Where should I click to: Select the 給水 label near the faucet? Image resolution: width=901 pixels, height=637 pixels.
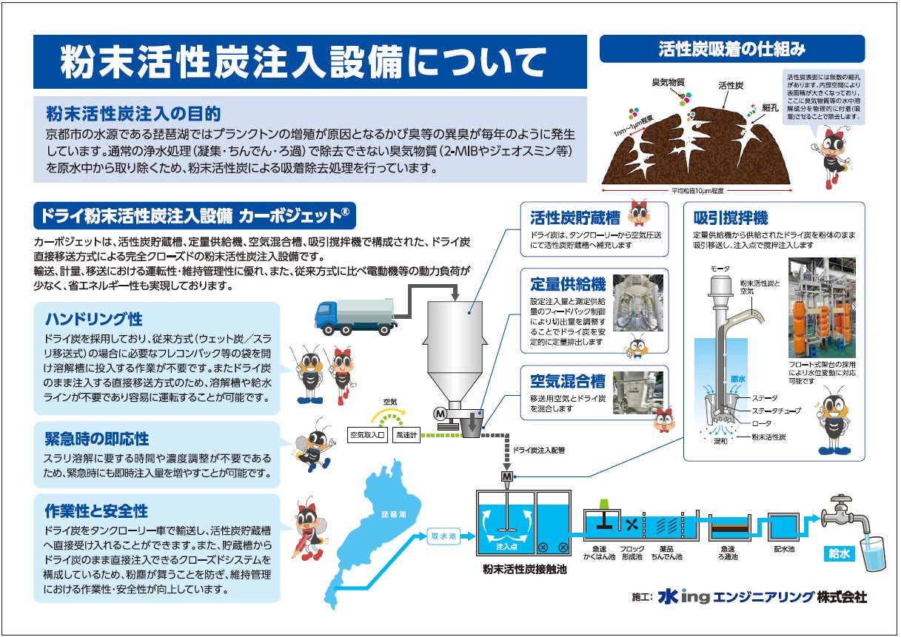point(840,553)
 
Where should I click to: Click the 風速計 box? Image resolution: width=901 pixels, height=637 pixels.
point(406,435)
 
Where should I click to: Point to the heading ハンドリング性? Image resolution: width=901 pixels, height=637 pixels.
point(94,319)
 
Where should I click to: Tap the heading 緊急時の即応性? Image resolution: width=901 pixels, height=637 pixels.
point(97,438)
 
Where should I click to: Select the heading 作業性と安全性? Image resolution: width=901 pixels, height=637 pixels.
point(96,510)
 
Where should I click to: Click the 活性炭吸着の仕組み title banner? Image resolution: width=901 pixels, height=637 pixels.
point(731,50)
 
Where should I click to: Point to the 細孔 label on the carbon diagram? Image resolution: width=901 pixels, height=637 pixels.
point(771,107)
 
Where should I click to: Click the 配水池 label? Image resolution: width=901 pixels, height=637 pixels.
point(784,550)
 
